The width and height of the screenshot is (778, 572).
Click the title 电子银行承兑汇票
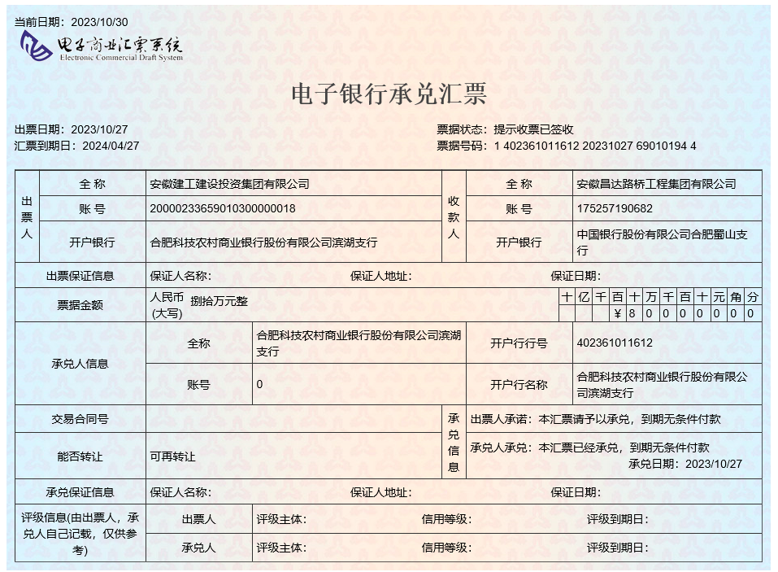(x=389, y=94)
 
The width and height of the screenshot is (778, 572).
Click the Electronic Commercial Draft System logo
(x=102, y=47)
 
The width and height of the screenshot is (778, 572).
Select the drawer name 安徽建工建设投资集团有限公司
(x=230, y=184)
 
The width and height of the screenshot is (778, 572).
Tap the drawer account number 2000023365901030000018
(x=223, y=209)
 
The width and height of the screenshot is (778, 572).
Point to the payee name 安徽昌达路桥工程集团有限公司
(x=656, y=184)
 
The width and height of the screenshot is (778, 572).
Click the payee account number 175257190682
(x=615, y=209)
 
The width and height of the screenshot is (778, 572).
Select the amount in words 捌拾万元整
(x=219, y=301)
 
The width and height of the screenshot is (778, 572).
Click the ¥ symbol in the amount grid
(x=618, y=313)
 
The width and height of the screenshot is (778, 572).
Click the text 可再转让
(x=173, y=456)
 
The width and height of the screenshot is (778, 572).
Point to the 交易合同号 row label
(x=80, y=419)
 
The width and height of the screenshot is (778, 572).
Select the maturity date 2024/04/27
(x=106, y=146)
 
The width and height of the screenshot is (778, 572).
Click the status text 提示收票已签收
(x=534, y=129)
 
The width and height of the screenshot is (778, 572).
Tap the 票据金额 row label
(x=80, y=305)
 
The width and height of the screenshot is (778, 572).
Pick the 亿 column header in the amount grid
(x=583, y=297)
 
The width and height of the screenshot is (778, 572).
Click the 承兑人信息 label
(x=80, y=364)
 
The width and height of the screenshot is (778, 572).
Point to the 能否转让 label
(x=80, y=456)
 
